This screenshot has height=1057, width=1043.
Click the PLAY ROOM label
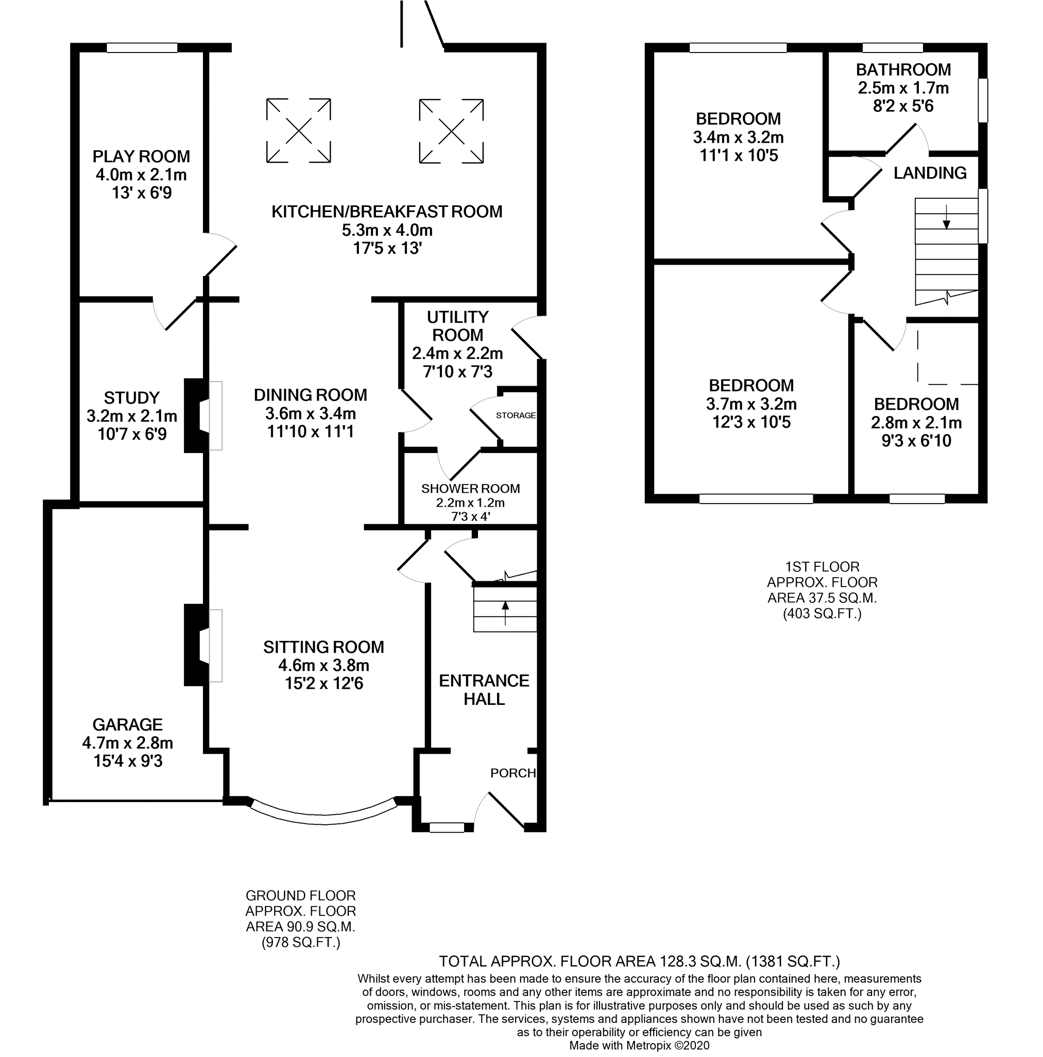(x=141, y=157)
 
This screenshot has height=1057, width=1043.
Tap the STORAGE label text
(x=516, y=415)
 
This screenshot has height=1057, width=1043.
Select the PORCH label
(x=513, y=773)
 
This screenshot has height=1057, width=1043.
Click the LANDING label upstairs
(x=930, y=173)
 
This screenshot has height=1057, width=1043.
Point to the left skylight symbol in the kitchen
(x=298, y=131)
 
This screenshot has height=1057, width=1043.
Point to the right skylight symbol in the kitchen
(x=451, y=131)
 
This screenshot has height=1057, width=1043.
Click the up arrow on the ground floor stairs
(x=505, y=613)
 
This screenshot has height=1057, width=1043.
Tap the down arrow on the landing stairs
(x=946, y=217)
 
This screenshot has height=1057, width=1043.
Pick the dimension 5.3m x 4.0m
(x=387, y=230)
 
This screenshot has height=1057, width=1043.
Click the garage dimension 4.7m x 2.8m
(x=128, y=743)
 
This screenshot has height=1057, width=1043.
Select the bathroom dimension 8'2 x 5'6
(x=903, y=106)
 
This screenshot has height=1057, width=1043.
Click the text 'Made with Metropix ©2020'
(x=639, y=1046)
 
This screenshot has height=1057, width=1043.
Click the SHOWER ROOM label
(x=471, y=489)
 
